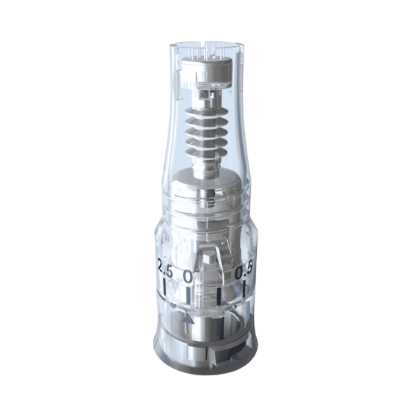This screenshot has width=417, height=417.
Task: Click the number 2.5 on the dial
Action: tap(165, 267)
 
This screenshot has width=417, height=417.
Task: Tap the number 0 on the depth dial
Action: tap(188, 277)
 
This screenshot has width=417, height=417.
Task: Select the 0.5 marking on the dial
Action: tap(244, 270)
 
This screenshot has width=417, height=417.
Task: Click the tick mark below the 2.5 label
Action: tap(165, 287)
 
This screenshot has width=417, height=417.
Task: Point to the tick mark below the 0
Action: tap(188, 296)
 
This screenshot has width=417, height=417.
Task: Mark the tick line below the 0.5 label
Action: tap(244, 290)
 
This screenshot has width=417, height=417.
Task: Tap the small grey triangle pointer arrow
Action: tap(189, 320)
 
